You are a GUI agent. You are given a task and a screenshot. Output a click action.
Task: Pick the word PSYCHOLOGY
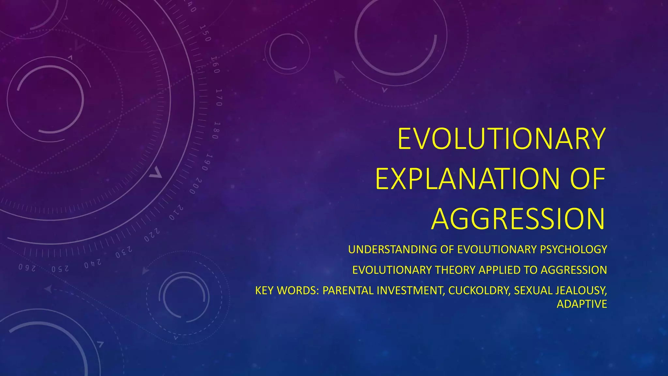[x=573, y=249]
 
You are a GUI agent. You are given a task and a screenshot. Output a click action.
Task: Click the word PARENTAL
[x=348, y=290]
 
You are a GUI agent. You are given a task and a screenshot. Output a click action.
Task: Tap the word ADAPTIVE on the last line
[x=582, y=304]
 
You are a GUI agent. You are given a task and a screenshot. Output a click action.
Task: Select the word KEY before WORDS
[x=265, y=290]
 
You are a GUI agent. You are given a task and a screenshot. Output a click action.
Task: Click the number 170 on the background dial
[x=219, y=97]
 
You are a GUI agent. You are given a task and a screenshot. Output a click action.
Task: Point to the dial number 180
[x=216, y=131]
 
